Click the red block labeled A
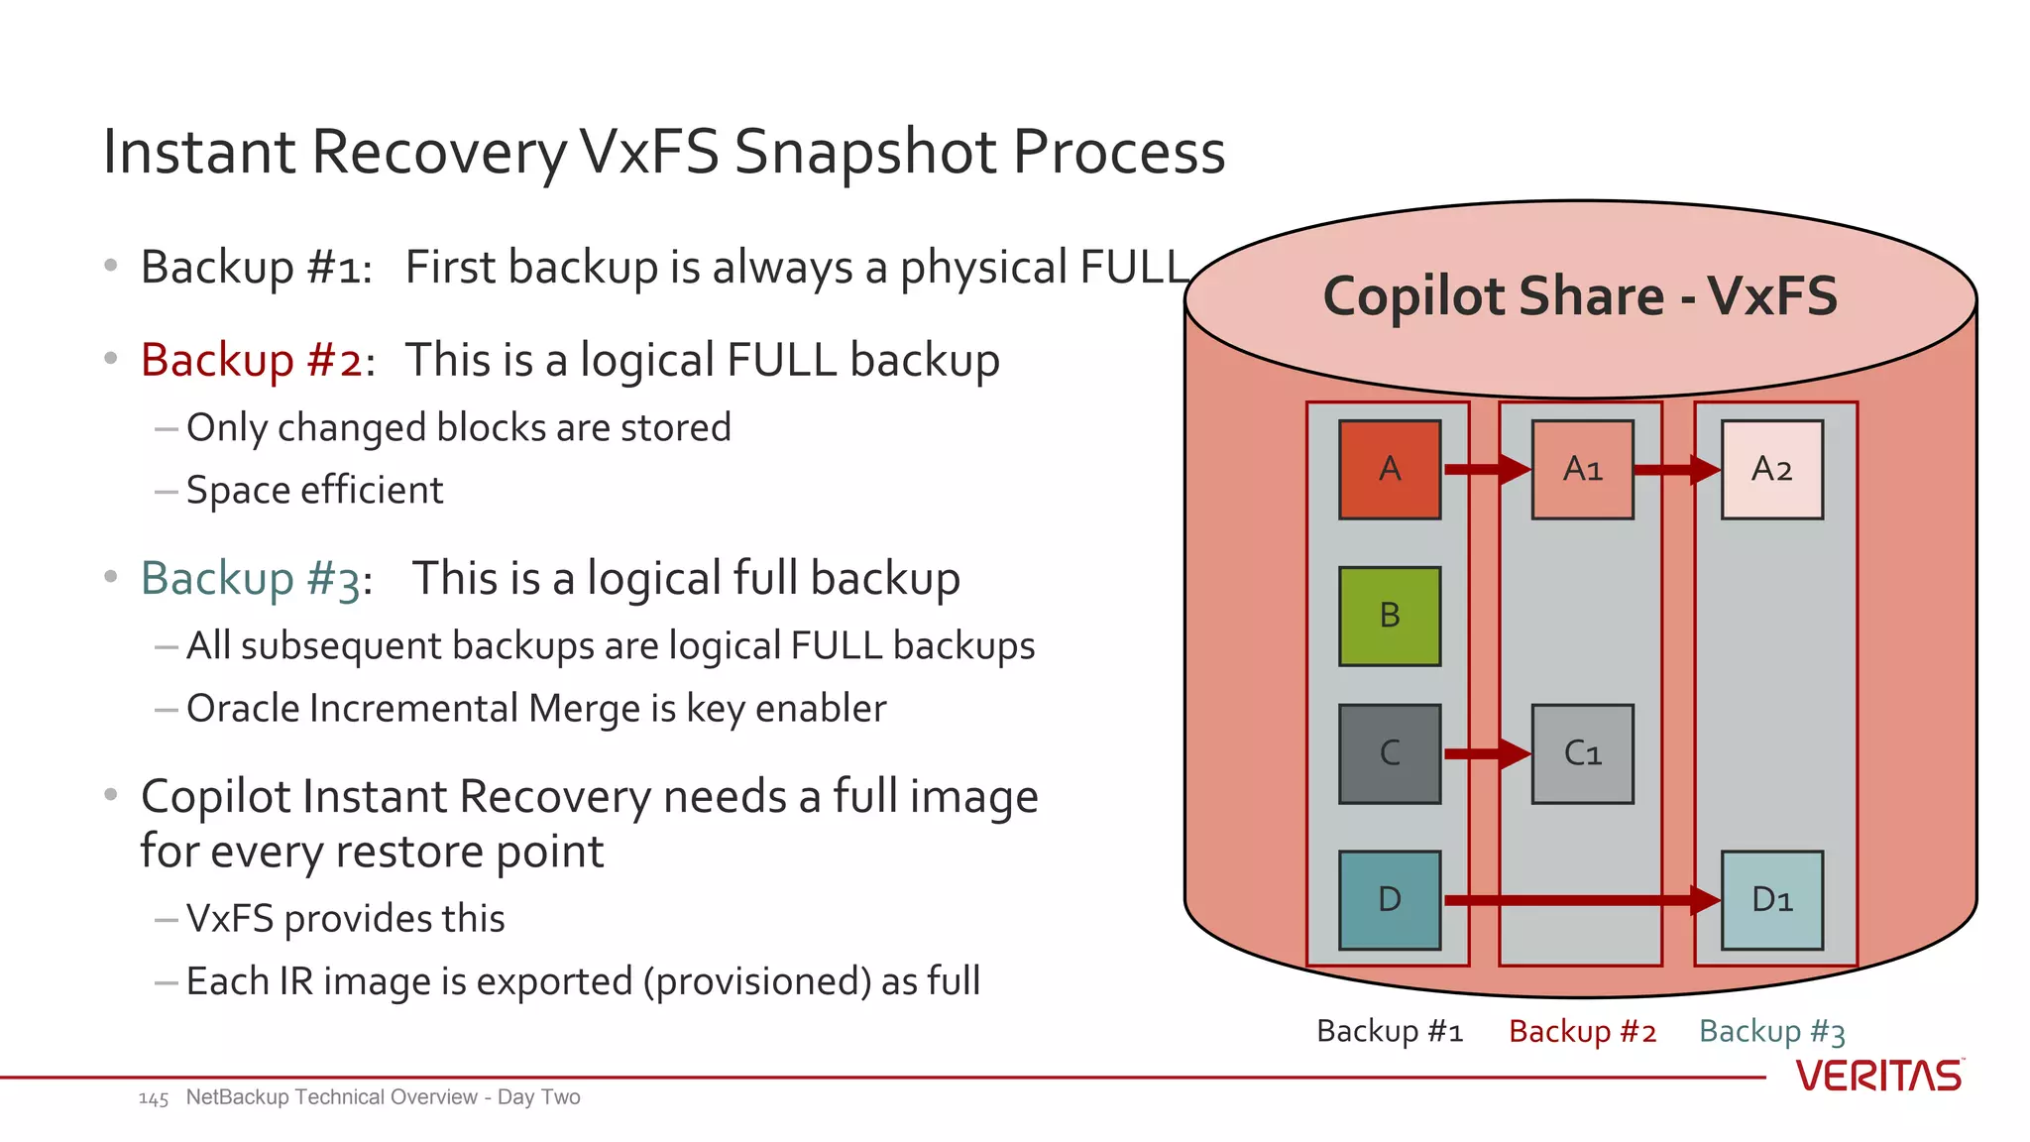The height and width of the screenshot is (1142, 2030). click(1389, 469)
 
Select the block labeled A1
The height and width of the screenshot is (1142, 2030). click(1582, 469)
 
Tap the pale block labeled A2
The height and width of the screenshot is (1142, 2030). click(1771, 469)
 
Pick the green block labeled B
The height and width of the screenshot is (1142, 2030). click(1389, 616)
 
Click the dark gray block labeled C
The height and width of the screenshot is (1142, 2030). click(1389, 753)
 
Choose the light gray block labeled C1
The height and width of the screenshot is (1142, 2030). click(1582, 753)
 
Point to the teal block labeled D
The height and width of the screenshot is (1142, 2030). click(1389, 899)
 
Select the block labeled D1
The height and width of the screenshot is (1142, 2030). click(1771, 899)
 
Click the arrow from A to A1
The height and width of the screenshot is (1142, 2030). click(1486, 469)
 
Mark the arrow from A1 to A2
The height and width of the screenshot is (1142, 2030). click(1676, 469)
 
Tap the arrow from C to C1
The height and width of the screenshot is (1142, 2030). click(1486, 753)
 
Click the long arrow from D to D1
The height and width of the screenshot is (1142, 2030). click(1580, 900)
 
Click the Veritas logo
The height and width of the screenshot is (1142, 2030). click(1878, 1076)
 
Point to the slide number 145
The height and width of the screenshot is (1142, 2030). click(154, 1098)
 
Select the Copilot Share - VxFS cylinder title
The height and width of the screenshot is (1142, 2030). click(1580, 296)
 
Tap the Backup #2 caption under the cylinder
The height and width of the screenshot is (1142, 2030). click(1582, 1032)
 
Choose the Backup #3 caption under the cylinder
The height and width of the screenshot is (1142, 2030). click(1771, 1032)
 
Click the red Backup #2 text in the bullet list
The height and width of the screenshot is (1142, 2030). click(252, 360)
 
